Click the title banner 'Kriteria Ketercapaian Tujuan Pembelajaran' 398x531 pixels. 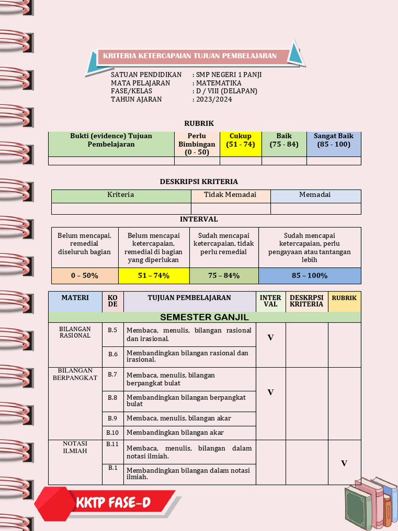(190, 56)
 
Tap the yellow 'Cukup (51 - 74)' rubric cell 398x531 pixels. (240, 144)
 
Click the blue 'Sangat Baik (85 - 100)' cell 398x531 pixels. (333, 144)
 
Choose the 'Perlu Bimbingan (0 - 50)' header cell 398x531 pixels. (196, 144)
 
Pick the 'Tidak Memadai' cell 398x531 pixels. (230, 195)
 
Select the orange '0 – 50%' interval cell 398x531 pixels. (84, 275)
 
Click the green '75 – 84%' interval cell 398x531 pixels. (224, 275)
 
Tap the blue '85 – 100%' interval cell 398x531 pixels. (309, 275)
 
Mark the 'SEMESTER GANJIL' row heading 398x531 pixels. (204, 317)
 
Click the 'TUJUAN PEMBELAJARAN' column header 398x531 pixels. (189, 298)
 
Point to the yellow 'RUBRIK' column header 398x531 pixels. (344, 298)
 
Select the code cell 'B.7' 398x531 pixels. (112, 374)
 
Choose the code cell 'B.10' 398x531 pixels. (112, 432)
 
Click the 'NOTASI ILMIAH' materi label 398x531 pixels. (75, 447)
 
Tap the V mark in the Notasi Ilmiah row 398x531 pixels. (344, 463)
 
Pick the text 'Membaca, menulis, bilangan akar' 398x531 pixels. (179, 418)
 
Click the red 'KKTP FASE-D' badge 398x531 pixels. (107, 502)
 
